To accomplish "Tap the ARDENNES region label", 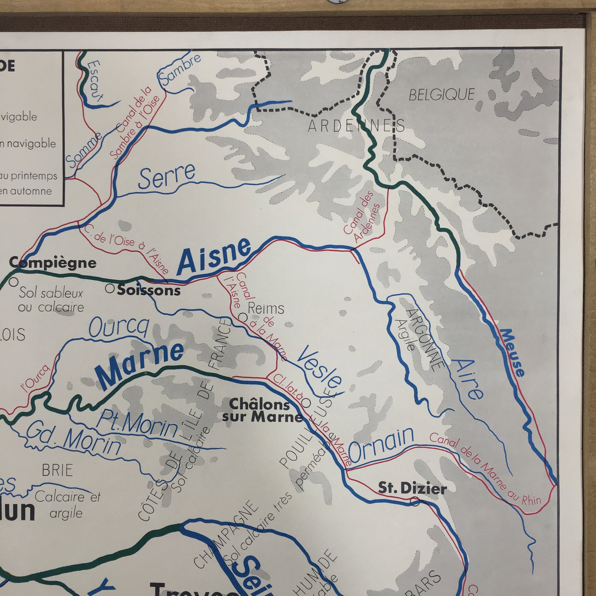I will coord(356,126).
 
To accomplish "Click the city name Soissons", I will coord(149,290).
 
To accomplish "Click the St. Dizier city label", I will coord(412,488).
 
